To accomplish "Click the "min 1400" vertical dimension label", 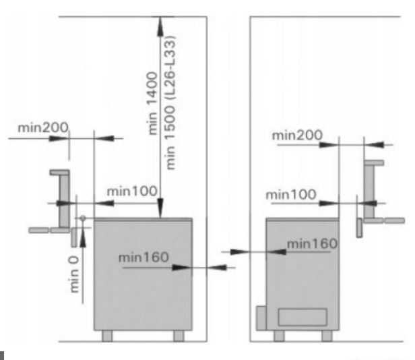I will (152, 108).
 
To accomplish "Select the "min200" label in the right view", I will (298, 136).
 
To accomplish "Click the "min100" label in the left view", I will (133, 191).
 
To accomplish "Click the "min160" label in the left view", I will (143, 257).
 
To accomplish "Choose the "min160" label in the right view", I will (312, 243).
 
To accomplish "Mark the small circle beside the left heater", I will (82, 218).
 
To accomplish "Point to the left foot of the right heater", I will (277, 335).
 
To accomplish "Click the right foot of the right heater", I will (327, 335).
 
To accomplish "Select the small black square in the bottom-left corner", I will (3, 355).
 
